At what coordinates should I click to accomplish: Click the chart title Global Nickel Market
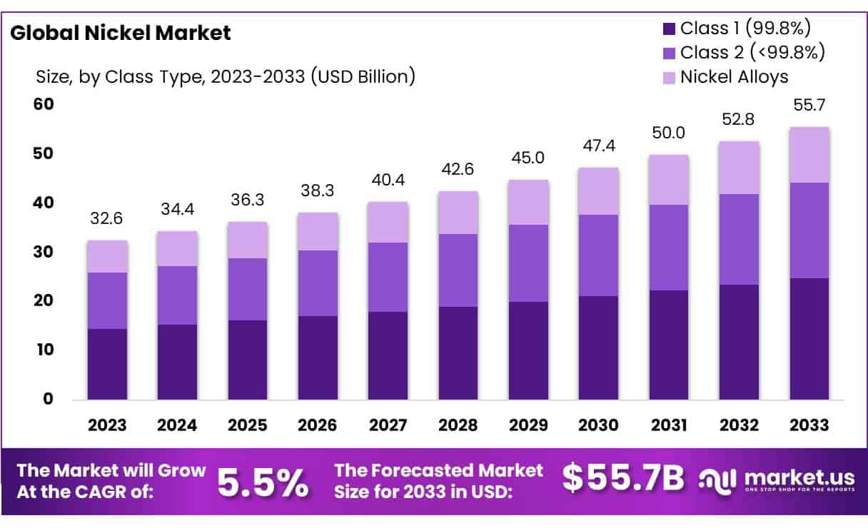[x=120, y=33]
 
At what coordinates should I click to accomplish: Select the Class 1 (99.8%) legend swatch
[x=669, y=29]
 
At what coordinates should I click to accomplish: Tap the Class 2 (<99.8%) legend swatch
[x=669, y=53]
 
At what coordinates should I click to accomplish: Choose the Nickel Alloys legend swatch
[x=669, y=76]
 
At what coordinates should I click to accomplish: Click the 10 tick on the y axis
[x=44, y=350]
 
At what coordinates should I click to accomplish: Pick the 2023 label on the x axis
[x=107, y=425]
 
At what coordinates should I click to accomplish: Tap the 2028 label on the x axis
[x=458, y=425]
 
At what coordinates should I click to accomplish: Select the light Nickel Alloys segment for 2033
[x=809, y=155]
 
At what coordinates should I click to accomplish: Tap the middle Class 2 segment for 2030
[x=598, y=255]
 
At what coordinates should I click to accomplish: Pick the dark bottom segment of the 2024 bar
[x=177, y=362]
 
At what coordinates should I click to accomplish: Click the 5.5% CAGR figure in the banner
[x=263, y=482]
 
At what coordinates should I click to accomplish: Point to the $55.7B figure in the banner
[x=622, y=479]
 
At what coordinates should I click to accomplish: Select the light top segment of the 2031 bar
[x=669, y=180]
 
